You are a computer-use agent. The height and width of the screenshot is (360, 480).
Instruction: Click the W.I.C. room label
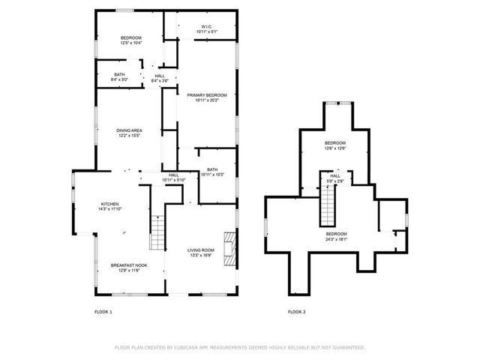[x=206, y=27]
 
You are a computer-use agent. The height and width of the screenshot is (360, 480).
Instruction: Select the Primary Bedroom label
[x=206, y=95]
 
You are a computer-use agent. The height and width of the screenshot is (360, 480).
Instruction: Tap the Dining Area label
[x=129, y=131]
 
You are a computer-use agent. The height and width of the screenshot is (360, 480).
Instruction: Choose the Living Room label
[x=201, y=250]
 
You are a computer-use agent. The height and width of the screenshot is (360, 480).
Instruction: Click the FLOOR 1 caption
[x=103, y=311]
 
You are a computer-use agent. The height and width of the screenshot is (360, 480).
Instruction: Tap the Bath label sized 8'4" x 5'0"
[x=120, y=76]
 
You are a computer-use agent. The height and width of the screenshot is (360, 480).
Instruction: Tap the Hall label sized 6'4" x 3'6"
[x=160, y=76]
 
